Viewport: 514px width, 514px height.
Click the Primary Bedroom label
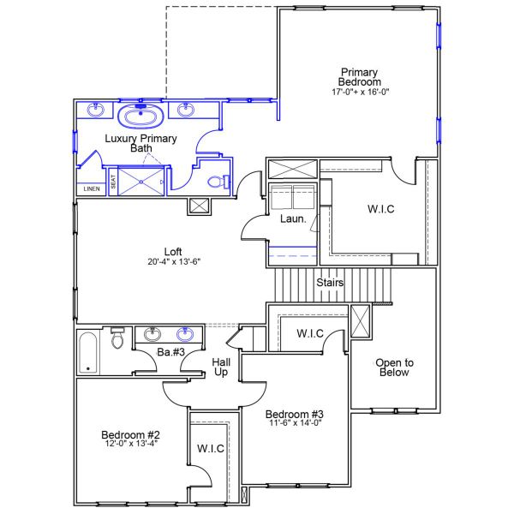pos(359,77)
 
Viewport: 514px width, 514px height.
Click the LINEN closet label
pos(89,189)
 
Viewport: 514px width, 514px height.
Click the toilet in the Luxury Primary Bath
pos(220,181)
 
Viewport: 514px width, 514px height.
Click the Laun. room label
pos(293,219)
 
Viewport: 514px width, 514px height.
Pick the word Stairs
pos(331,282)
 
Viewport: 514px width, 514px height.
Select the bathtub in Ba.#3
pos(88,351)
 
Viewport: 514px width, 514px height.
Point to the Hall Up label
pos(220,368)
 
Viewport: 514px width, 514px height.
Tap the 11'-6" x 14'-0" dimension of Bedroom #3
pos(294,421)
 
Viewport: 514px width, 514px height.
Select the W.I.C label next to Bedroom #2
pos(210,448)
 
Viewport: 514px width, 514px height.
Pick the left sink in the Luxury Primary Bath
pos(94,110)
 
